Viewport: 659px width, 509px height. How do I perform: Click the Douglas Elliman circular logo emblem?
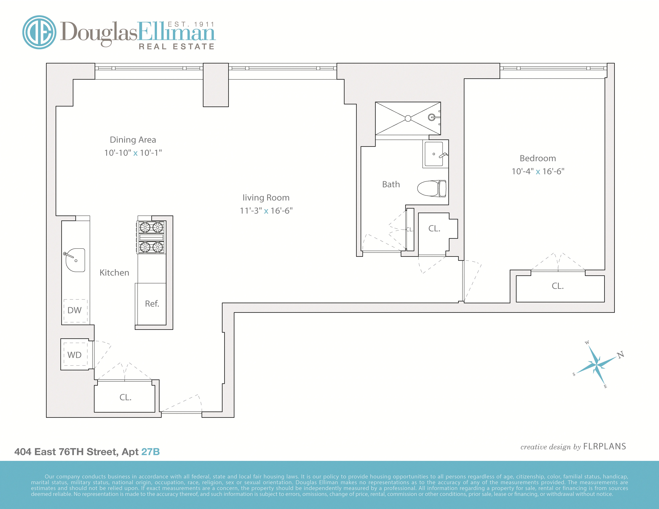click(x=39, y=32)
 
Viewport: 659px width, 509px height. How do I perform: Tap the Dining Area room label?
click(x=133, y=140)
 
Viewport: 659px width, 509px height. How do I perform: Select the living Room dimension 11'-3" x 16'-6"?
click(x=266, y=211)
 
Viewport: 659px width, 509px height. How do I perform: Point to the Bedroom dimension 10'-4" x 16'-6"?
click(x=538, y=171)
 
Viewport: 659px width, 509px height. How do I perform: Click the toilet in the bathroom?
click(x=431, y=189)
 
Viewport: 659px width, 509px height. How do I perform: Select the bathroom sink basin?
click(x=434, y=154)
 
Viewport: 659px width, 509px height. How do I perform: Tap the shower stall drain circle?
click(x=408, y=118)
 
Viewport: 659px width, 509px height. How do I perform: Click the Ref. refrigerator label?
click(x=152, y=304)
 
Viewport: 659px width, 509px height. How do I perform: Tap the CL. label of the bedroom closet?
click(x=558, y=286)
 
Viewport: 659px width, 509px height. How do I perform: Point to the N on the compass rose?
click(x=620, y=355)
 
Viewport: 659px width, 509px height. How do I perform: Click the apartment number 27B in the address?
click(x=150, y=452)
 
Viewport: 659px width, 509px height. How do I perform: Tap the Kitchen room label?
click(x=114, y=273)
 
